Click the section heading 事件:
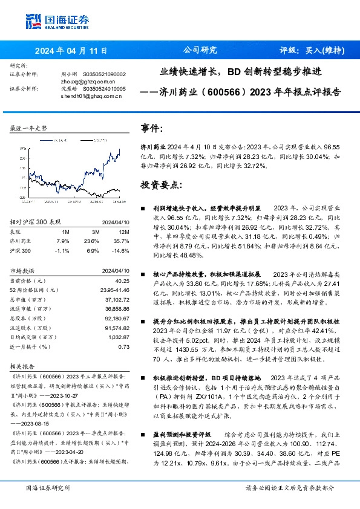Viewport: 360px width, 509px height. [152, 129]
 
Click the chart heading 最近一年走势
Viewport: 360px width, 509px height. [29, 129]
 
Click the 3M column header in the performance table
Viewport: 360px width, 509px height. [96, 231]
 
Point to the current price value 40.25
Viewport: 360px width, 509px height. [122, 281]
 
